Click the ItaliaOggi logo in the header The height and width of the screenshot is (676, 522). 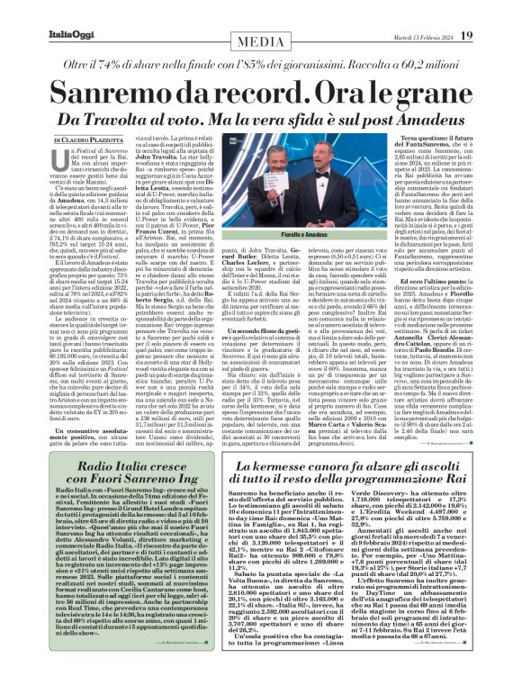point(71,35)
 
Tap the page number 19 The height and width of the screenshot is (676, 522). point(466,35)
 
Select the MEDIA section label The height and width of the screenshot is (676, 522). point(261,41)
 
